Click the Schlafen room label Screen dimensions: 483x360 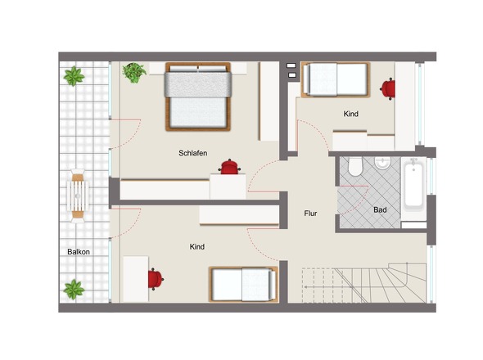(193, 153)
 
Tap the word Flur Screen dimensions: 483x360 (310, 213)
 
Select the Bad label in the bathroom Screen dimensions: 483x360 (380, 209)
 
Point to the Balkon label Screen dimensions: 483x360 (79, 252)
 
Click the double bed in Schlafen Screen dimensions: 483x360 (198, 97)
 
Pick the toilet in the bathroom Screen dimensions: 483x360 (355, 167)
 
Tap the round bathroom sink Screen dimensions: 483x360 (382, 163)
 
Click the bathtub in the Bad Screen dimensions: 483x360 (413, 185)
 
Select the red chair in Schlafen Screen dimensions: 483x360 (229, 167)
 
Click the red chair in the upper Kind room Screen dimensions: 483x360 (388, 89)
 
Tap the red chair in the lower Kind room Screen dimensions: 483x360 (156, 279)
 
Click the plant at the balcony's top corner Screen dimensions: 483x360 (74, 76)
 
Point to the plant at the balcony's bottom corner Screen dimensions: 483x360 (74, 290)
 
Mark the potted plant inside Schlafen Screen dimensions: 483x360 (134, 73)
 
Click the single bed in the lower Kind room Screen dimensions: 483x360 (243, 284)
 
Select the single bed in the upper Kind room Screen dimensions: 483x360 (336, 79)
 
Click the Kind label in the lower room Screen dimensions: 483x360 (196, 246)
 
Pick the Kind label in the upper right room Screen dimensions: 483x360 (351, 114)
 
